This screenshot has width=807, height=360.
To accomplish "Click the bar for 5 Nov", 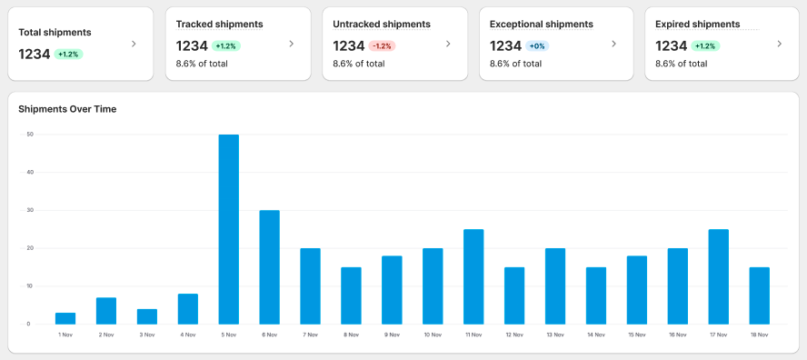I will (x=229, y=229).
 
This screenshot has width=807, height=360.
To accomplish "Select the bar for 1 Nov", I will (x=65, y=318).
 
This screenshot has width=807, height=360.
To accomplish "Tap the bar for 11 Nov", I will (x=473, y=276).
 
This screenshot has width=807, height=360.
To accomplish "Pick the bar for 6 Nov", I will (x=270, y=267).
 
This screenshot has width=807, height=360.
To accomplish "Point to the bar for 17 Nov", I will (x=719, y=276).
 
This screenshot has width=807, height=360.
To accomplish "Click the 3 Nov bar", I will (x=147, y=316).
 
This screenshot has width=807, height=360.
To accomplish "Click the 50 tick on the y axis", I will (x=30, y=135).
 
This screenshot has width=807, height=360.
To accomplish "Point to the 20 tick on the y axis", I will (x=30, y=248).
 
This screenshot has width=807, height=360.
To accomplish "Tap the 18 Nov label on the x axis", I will (x=760, y=335).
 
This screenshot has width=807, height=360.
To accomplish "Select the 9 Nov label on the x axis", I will (x=392, y=335).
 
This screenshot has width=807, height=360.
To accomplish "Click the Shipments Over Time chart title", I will (x=67, y=109).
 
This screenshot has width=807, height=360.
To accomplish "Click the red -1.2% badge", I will (x=383, y=45).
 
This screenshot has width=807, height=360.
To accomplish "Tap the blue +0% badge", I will (x=537, y=45).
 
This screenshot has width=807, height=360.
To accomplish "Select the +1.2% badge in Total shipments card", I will (x=69, y=55).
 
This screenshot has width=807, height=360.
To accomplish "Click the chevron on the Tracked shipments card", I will (x=291, y=44).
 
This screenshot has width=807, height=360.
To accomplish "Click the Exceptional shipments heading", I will (x=542, y=24).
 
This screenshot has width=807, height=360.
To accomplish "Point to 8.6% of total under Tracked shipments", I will (x=202, y=64).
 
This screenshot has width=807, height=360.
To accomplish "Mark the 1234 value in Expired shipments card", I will (x=671, y=45).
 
